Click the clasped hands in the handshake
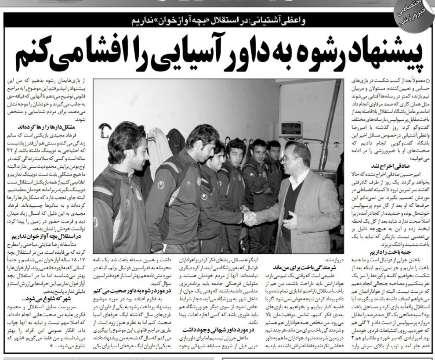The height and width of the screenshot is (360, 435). pos(250,218)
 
